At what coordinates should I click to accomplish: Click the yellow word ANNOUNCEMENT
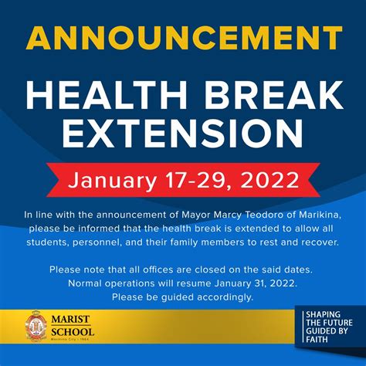(184, 38)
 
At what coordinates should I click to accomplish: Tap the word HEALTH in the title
(107, 95)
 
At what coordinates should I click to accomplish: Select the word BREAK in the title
(273, 95)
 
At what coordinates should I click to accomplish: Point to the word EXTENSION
(183, 133)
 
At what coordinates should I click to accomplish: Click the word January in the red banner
(113, 181)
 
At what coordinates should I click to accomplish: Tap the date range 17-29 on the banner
(195, 180)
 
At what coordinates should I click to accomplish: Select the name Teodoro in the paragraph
(264, 215)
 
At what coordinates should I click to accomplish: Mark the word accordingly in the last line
(225, 297)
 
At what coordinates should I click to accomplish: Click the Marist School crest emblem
(36, 326)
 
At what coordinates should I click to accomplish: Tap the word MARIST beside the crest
(70, 319)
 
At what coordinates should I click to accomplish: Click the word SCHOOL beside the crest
(73, 332)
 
